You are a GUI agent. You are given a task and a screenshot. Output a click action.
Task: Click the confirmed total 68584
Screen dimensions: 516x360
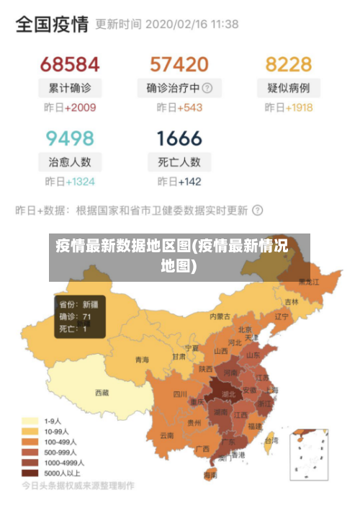point(69,64)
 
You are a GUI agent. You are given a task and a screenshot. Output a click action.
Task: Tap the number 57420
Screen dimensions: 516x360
point(179,64)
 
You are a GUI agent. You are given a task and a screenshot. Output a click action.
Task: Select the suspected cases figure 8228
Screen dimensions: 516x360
point(288,64)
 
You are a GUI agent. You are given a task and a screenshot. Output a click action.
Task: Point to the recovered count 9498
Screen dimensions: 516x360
point(69,138)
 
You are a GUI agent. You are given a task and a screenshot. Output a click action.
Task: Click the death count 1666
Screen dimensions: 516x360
point(179,138)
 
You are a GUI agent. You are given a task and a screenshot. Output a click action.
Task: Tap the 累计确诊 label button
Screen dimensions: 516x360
point(69,89)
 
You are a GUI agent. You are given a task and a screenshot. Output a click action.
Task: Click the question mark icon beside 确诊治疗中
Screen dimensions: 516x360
point(207,89)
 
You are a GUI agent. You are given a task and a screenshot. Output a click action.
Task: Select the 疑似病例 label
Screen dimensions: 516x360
point(288,89)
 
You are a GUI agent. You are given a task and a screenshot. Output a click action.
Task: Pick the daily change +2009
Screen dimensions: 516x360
point(79,108)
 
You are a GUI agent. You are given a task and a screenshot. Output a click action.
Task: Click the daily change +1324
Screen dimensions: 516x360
point(79,182)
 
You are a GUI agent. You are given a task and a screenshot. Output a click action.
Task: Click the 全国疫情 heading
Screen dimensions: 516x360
point(52,25)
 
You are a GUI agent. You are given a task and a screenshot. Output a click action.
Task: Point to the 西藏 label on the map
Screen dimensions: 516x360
point(102,393)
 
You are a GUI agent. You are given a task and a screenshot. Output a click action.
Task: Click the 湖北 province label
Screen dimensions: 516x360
point(228,395)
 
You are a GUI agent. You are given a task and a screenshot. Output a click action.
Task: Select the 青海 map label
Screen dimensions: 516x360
point(142,360)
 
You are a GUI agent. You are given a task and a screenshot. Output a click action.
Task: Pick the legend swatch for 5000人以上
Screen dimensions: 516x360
point(30,473)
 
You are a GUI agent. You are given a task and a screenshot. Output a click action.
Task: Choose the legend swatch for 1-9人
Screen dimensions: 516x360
point(30,420)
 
